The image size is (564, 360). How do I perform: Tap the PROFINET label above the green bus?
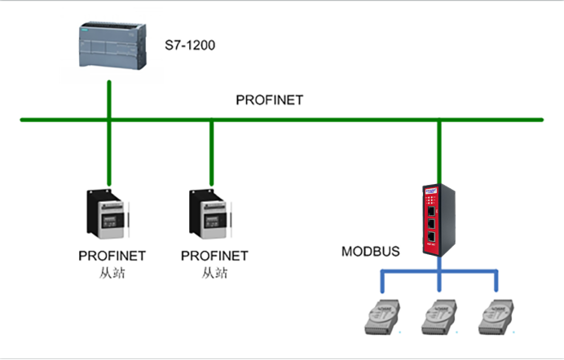pos(269,100)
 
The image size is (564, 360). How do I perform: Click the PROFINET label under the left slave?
pos(112,256)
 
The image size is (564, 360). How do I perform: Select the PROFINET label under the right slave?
pos(214,256)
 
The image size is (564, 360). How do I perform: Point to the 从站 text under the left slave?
pos(111,272)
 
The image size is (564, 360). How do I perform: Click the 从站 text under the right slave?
pos(214,272)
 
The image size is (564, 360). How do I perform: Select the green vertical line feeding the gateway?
pos(439,151)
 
